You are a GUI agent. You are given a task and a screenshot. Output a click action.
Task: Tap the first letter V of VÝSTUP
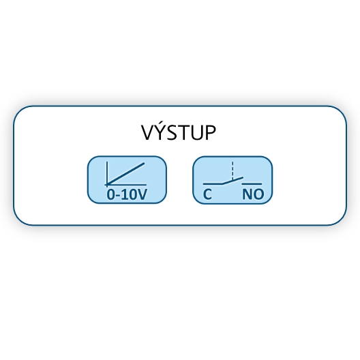coord(148,132)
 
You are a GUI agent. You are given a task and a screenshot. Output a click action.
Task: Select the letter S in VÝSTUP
coord(172,133)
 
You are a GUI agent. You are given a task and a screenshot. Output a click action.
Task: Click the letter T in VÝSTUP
coord(183,133)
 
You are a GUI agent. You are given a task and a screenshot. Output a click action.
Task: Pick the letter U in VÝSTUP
coord(197,133)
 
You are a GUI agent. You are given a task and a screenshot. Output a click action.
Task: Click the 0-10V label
coord(127,194)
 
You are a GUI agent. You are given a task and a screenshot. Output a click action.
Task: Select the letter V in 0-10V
coord(141,194)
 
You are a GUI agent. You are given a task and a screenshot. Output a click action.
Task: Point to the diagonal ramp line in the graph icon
coord(126,173)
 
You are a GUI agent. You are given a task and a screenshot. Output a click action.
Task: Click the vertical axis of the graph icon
coord(107,173)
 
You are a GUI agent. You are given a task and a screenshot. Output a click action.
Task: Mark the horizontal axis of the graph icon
coord(125,184)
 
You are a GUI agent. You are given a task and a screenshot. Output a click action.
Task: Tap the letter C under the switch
coord(207,194)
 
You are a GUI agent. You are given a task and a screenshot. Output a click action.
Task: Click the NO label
coord(253,194)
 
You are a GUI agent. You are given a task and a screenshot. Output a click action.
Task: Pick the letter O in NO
coord(258,194)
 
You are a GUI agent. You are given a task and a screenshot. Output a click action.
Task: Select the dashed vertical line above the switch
coord(232,170)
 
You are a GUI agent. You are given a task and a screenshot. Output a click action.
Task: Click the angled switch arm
coord(232,181)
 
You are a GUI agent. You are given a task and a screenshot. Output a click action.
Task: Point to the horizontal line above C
coord(213,184)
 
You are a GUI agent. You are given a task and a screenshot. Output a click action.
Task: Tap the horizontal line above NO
coord(252,184)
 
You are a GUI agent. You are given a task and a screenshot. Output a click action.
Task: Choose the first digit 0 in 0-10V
coord(110,194)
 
